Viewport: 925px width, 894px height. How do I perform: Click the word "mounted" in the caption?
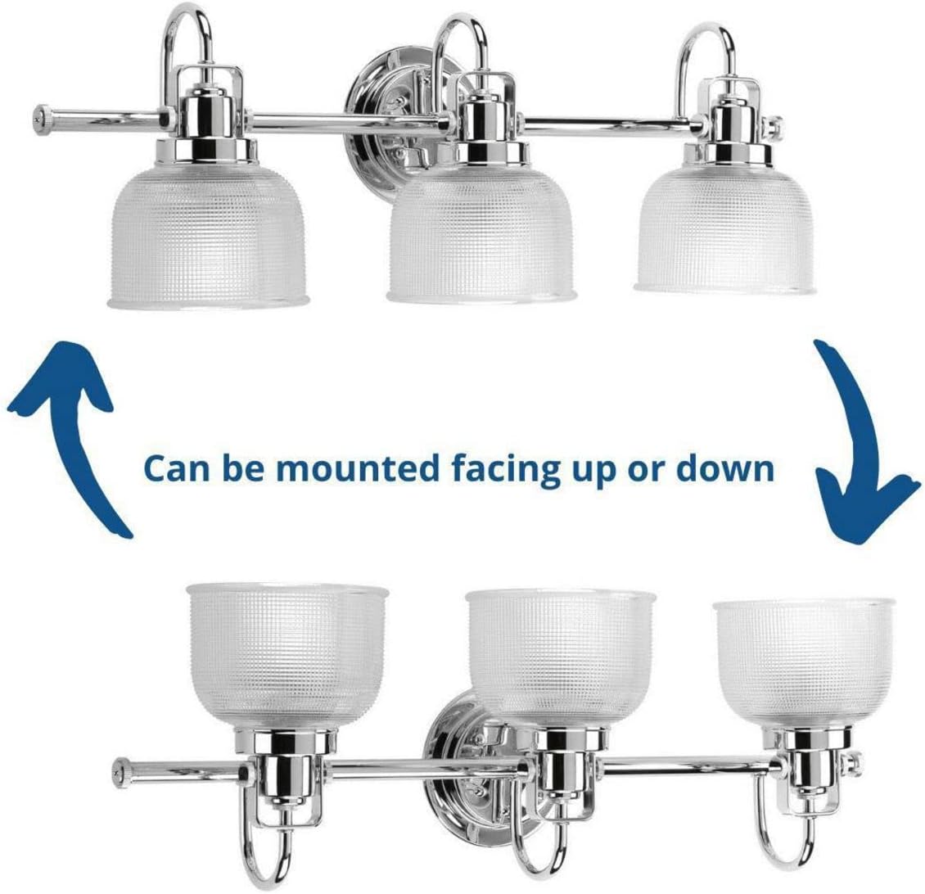(x=359, y=468)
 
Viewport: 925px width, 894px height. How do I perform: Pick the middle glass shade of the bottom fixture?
(x=561, y=658)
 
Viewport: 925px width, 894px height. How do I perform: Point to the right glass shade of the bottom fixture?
(x=804, y=664)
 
